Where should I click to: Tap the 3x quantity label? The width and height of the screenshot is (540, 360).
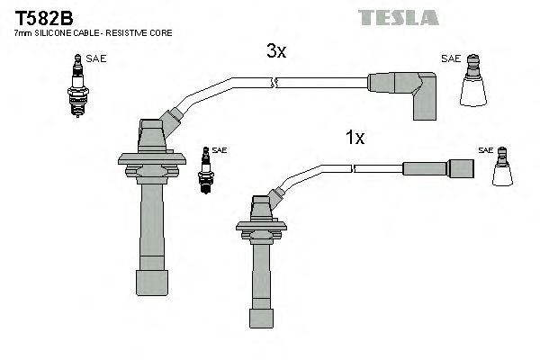pos(276,52)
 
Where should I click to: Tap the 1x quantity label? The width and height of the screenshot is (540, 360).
pos(355,138)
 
